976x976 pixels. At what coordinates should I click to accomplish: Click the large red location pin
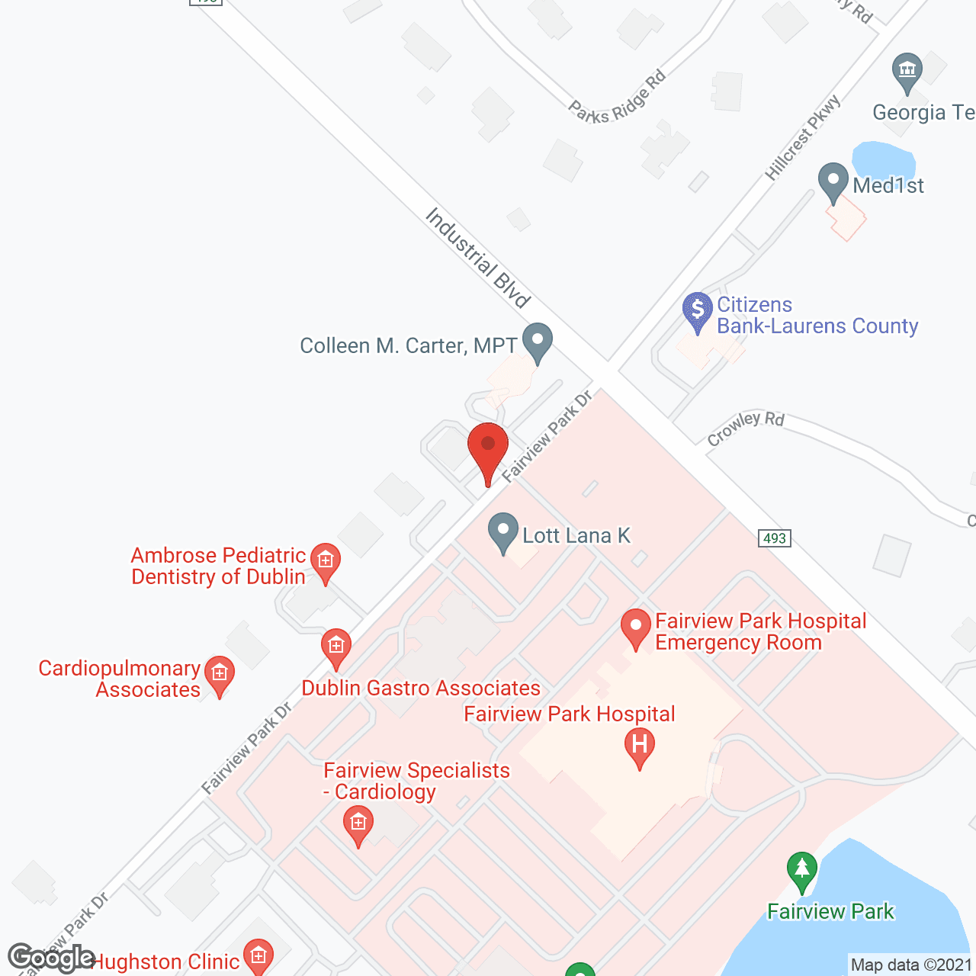[487, 450]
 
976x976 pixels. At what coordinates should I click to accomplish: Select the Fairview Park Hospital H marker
[639, 746]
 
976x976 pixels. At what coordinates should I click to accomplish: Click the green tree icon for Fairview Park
[801, 870]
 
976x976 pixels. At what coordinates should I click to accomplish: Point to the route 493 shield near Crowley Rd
[775, 538]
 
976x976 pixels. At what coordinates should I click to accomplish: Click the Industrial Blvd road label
[478, 258]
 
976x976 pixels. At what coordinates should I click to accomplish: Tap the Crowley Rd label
[745, 428]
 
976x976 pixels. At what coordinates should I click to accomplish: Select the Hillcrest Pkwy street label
[802, 137]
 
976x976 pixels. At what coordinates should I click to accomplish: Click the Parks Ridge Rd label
[618, 98]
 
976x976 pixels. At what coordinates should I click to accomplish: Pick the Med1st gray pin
[833, 182]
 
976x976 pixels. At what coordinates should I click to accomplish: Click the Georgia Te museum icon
[907, 72]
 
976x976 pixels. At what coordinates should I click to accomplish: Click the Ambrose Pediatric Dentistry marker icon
[326, 562]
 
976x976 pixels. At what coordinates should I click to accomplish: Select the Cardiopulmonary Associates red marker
[220, 675]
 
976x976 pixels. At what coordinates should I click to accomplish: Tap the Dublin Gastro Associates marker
[335, 648]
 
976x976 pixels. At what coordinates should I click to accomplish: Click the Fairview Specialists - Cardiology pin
[358, 824]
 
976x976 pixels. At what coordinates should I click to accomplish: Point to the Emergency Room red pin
[635, 628]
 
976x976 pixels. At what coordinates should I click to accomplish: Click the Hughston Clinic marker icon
[258, 956]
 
